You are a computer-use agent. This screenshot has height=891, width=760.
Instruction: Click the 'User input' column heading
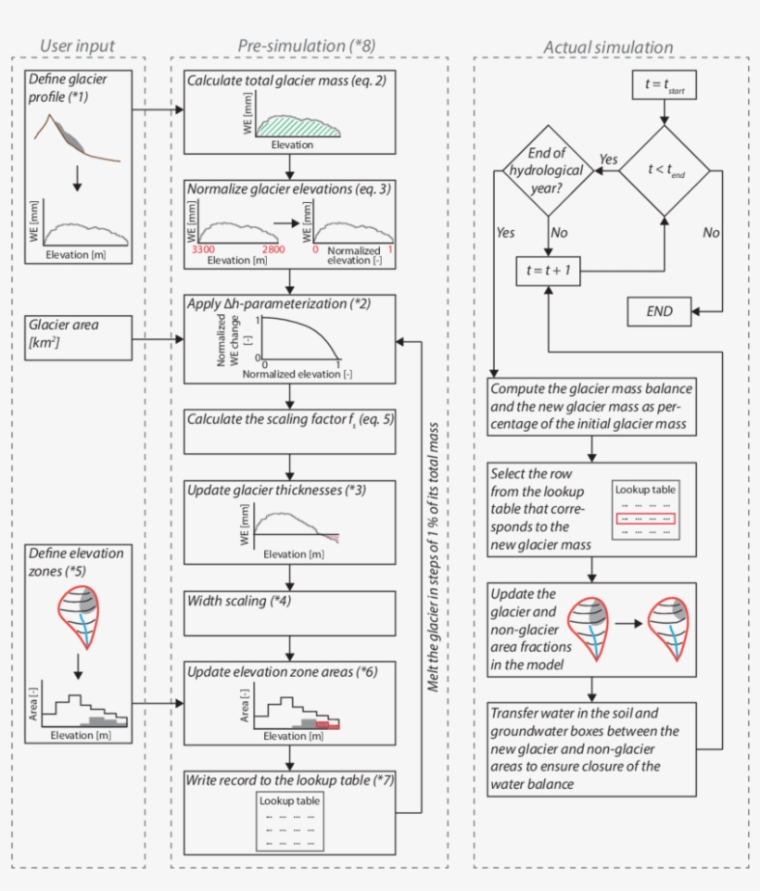78,46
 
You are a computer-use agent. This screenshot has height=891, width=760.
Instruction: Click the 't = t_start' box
663,85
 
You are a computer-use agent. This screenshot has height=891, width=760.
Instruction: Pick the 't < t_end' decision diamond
663,170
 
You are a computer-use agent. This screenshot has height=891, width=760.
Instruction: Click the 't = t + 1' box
547,271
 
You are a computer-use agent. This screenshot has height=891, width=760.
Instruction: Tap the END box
660,312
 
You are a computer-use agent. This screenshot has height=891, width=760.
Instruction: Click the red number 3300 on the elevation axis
201,250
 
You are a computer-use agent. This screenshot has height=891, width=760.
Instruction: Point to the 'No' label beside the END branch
711,233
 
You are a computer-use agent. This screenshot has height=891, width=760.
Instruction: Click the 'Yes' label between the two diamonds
608,159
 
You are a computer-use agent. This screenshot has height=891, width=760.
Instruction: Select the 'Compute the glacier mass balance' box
591,405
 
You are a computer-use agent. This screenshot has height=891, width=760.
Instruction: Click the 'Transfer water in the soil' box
591,749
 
